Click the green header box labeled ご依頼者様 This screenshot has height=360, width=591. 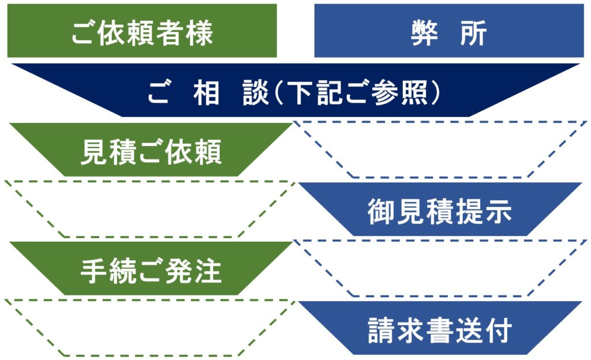click(x=142, y=31)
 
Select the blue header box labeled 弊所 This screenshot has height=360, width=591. click(x=448, y=31)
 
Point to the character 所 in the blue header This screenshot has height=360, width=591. click(x=473, y=33)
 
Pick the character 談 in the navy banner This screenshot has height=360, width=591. click(x=256, y=93)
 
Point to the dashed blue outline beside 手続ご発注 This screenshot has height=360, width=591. click(x=440, y=269)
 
